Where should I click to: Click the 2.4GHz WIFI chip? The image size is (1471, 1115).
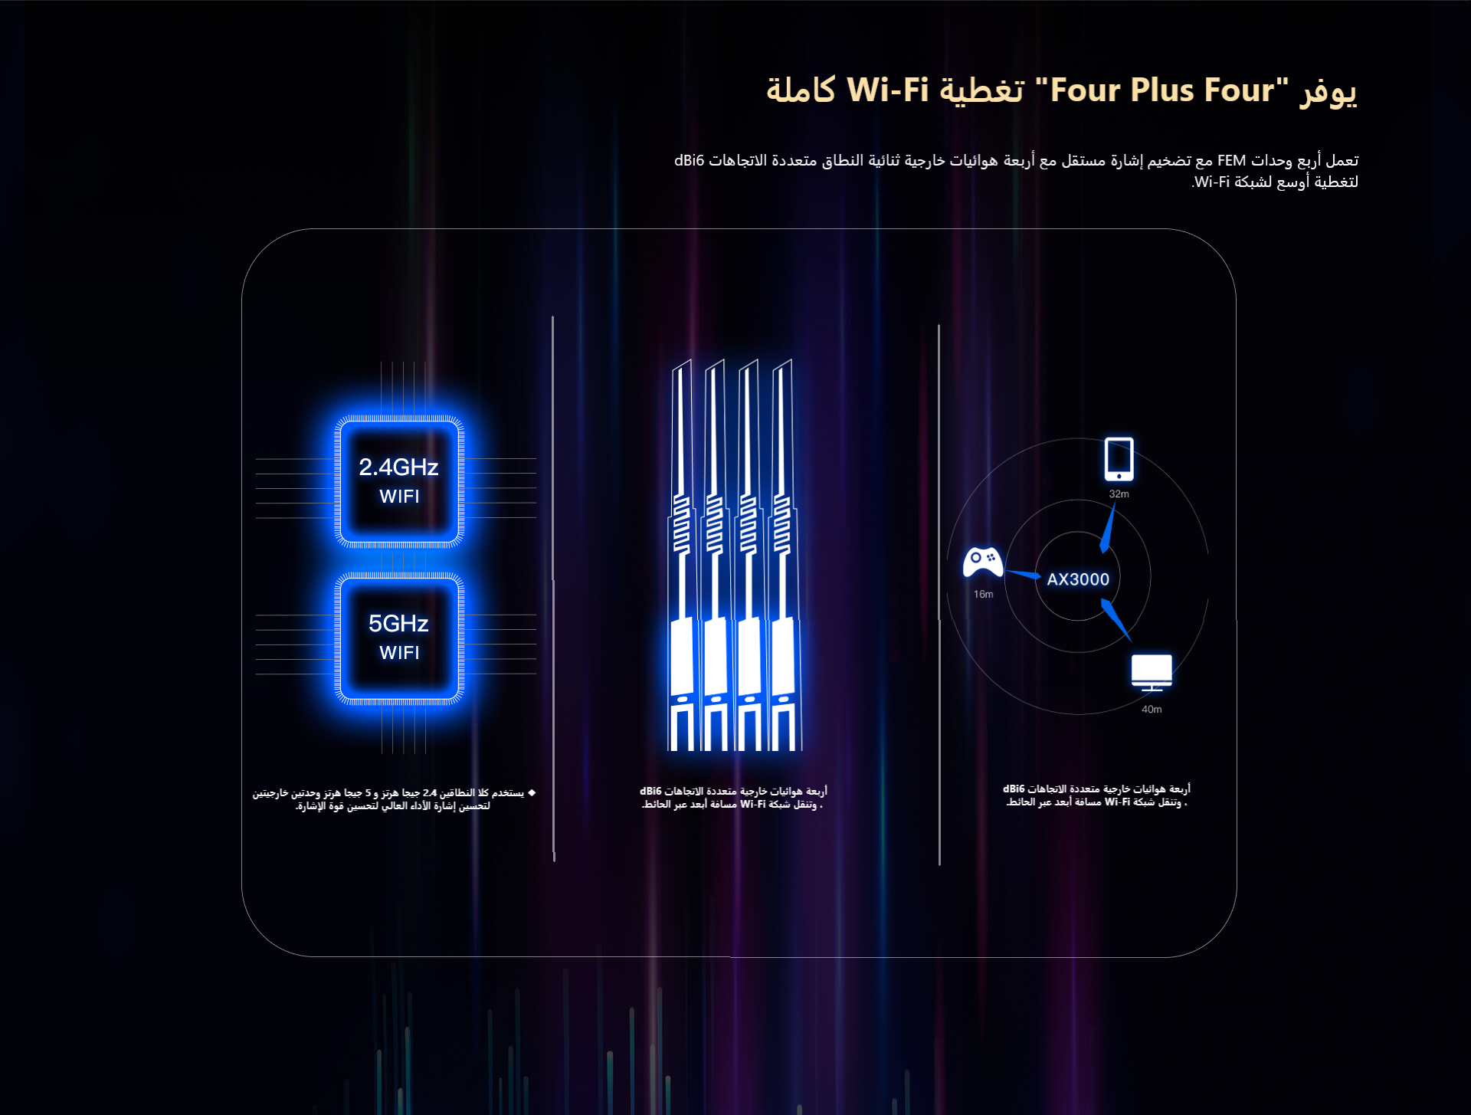(x=399, y=480)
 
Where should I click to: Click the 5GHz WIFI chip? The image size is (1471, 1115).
(x=399, y=637)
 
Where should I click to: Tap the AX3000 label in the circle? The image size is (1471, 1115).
(x=1078, y=579)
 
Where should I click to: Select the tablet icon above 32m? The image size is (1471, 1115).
(x=1119, y=459)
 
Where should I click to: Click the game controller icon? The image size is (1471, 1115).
(x=983, y=562)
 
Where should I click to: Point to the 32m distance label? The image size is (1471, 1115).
(x=1119, y=494)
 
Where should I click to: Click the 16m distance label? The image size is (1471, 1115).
(x=983, y=595)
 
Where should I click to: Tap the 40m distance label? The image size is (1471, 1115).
(x=1152, y=710)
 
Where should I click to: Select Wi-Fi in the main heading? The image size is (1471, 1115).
(x=887, y=90)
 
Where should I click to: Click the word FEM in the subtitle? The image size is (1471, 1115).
(x=1231, y=161)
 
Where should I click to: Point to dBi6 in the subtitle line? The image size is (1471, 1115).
(x=689, y=161)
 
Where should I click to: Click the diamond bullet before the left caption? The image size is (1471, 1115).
(x=532, y=792)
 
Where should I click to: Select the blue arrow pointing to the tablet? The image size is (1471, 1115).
(x=1109, y=530)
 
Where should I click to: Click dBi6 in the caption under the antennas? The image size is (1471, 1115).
(x=650, y=792)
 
